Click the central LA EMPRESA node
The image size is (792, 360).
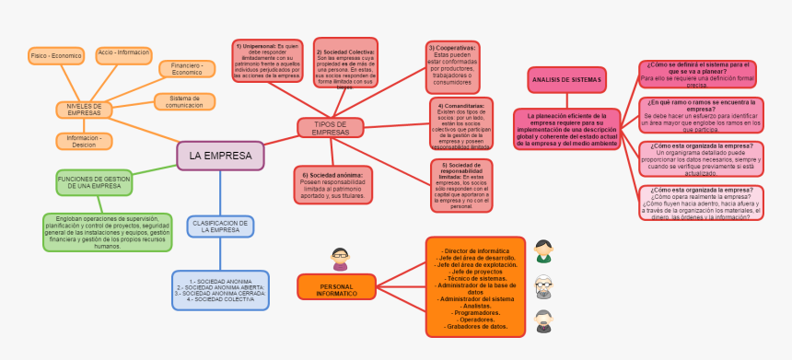point(220,156)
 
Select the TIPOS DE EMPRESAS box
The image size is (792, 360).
point(331,128)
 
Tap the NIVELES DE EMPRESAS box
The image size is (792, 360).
point(83,110)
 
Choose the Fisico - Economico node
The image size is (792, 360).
point(56,55)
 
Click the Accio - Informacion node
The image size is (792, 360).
point(124,54)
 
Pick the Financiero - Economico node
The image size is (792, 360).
point(187,68)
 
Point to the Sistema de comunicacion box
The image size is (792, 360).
point(185,101)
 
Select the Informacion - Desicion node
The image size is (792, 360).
point(84,140)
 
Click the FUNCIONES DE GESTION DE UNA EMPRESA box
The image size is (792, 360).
point(94,181)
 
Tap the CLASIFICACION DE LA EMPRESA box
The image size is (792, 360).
point(220,226)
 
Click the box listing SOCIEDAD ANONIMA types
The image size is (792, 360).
point(220,289)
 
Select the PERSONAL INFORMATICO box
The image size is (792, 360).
point(337,286)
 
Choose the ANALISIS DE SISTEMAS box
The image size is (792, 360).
point(566,80)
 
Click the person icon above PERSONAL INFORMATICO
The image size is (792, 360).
point(340,259)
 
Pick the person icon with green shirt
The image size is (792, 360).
point(544,250)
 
